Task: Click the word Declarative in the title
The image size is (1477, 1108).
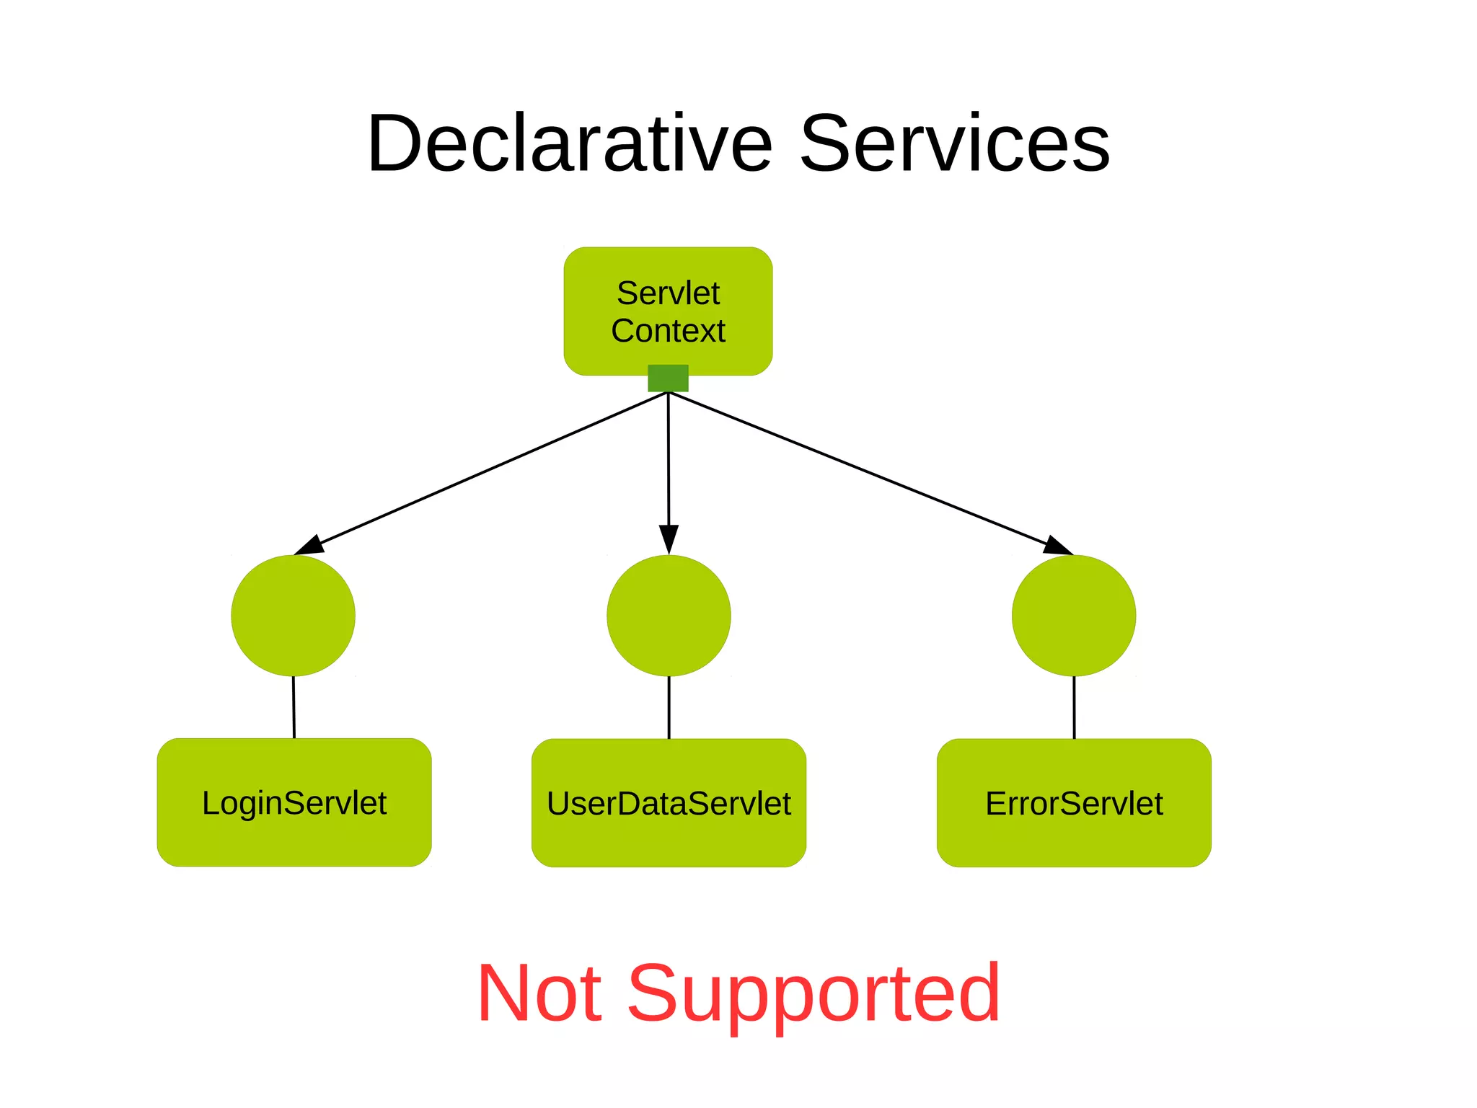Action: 570,144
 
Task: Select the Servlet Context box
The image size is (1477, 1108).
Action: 668,311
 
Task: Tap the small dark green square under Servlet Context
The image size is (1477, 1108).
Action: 668,378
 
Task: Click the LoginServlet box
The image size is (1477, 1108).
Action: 294,802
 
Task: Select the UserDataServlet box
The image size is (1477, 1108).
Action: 669,803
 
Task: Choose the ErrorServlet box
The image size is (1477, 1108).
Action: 1074,803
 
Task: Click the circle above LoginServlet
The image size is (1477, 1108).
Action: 293,616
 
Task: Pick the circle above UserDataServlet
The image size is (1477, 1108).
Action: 669,616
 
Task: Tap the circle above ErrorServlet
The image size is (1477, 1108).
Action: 1074,616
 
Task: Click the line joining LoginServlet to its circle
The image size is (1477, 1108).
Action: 294,707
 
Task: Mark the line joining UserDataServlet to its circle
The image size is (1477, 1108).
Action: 669,707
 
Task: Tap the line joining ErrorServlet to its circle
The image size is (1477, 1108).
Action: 1074,707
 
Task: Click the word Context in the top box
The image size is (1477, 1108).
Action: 668,331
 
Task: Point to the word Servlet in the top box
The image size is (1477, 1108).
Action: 668,293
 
